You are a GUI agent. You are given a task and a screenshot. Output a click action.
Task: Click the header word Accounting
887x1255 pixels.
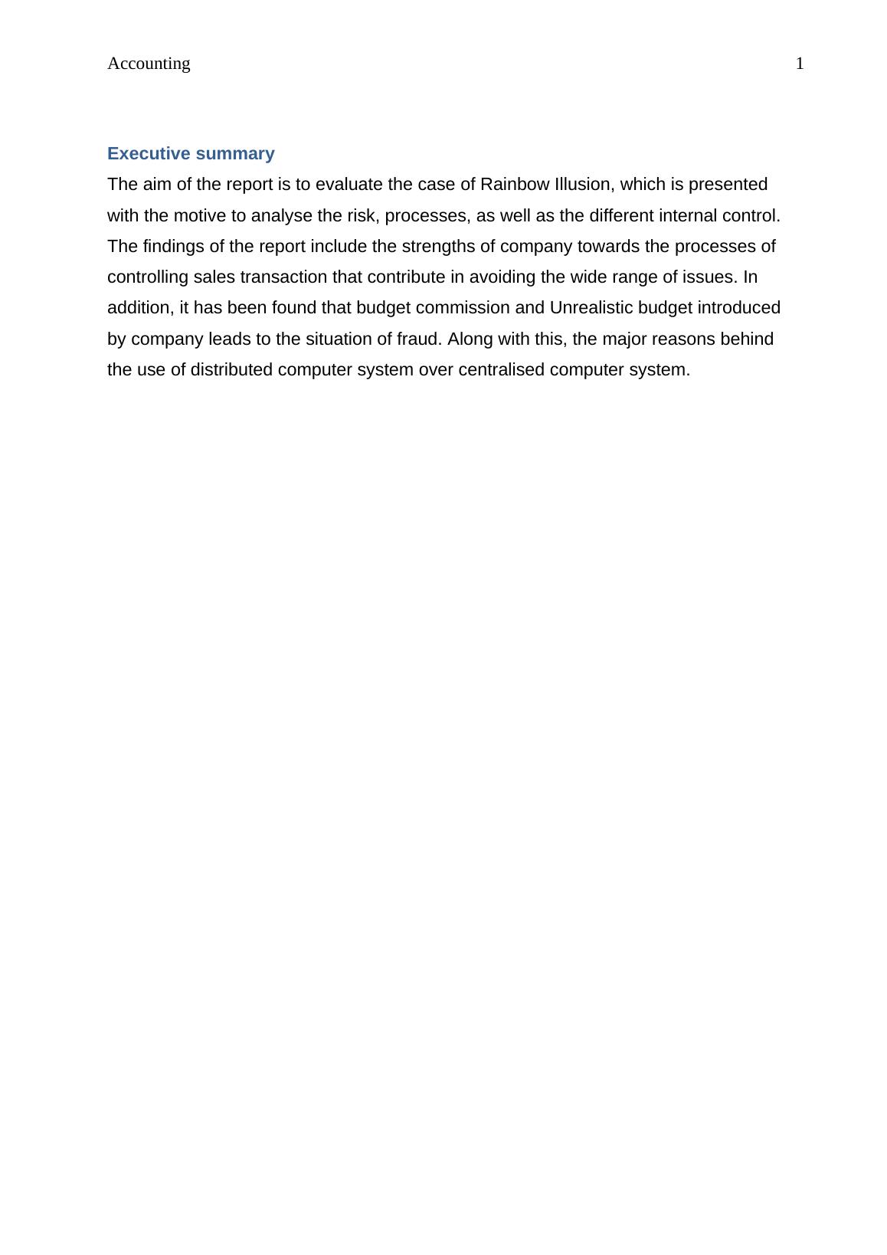coord(149,64)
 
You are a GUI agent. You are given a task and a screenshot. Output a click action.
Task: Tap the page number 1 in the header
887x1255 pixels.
coord(800,64)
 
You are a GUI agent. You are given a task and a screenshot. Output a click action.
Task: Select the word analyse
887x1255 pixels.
coord(282,216)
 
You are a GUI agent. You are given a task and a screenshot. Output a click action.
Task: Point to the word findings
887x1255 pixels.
coord(172,247)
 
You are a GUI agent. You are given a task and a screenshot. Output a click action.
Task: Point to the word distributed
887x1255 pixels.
coord(231,370)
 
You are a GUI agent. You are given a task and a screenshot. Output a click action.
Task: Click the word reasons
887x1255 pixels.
coord(687,339)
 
